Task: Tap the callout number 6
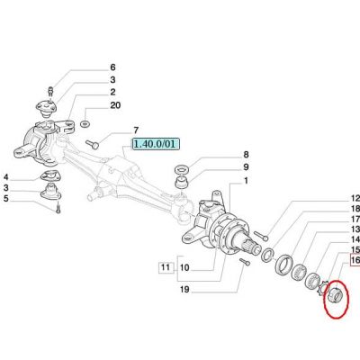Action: pyautogui.click(x=112, y=67)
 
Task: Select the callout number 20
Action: pyautogui.click(x=115, y=105)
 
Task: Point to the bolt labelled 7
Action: pyautogui.click(x=92, y=144)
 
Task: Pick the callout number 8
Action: pyautogui.click(x=246, y=155)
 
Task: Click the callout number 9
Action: pyautogui.click(x=246, y=167)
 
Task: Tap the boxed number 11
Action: pyautogui.click(x=166, y=266)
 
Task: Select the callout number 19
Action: pyautogui.click(x=184, y=290)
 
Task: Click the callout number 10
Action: pyautogui.click(x=184, y=267)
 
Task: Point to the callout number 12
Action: pyautogui.click(x=355, y=198)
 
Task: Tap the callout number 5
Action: pyautogui.click(x=6, y=198)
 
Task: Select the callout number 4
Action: pyautogui.click(x=6, y=176)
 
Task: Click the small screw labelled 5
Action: pyautogui.click(x=58, y=208)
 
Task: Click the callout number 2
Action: pyautogui.click(x=112, y=92)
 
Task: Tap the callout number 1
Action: pyautogui.click(x=246, y=181)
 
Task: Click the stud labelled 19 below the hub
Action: pyautogui.click(x=245, y=262)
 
